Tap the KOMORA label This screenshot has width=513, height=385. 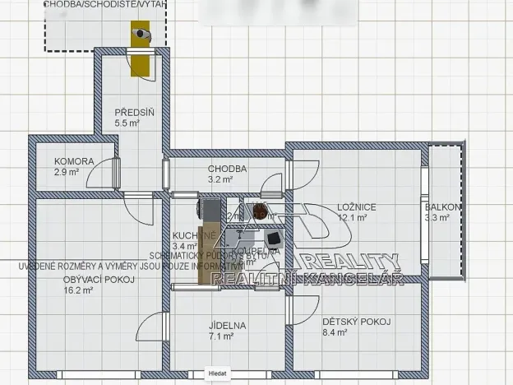coord(74,161)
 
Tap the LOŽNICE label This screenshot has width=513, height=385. coord(356,207)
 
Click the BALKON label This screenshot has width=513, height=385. coord(443,207)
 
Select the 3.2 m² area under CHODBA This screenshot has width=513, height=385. coord(221,179)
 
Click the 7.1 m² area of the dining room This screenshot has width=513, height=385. coord(221,336)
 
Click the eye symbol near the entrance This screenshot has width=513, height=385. coord(142,35)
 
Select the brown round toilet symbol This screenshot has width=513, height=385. coord(260,210)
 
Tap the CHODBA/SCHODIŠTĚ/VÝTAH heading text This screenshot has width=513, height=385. coord(104,5)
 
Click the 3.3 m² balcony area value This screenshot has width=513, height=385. coord(437,218)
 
